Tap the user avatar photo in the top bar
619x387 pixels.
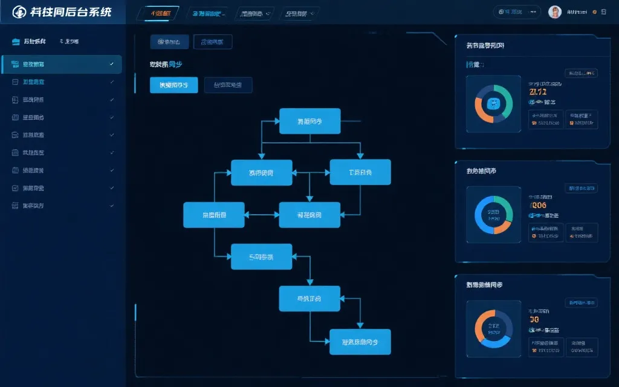554,12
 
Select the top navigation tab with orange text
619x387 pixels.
158,13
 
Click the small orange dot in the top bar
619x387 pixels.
595,12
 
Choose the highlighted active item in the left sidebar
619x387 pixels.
62,64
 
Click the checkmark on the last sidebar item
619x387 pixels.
112,206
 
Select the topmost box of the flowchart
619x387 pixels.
309,121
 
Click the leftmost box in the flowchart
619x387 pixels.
214,215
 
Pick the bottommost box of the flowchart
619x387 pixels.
360,342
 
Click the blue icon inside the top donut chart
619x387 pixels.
494,104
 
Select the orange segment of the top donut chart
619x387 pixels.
480,109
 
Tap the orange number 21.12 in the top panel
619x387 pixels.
537,92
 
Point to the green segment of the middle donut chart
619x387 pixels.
505,206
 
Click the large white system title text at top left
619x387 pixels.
70,12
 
